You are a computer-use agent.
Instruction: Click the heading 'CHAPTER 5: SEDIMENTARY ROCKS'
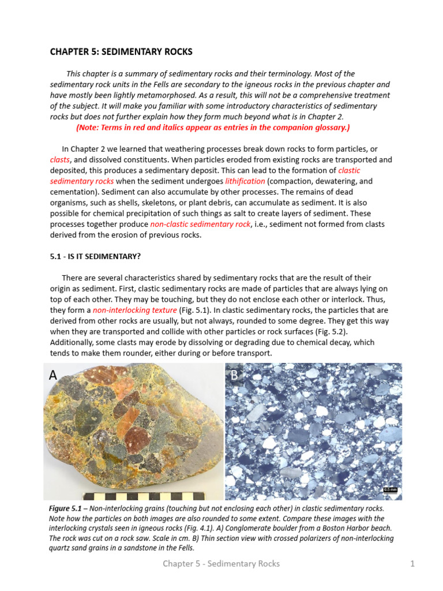(x=121, y=52)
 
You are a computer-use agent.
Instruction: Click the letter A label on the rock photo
(x=54, y=376)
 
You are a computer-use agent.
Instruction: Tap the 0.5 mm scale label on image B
(x=390, y=490)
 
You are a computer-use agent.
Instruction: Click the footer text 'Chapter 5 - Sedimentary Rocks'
(x=221, y=564)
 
